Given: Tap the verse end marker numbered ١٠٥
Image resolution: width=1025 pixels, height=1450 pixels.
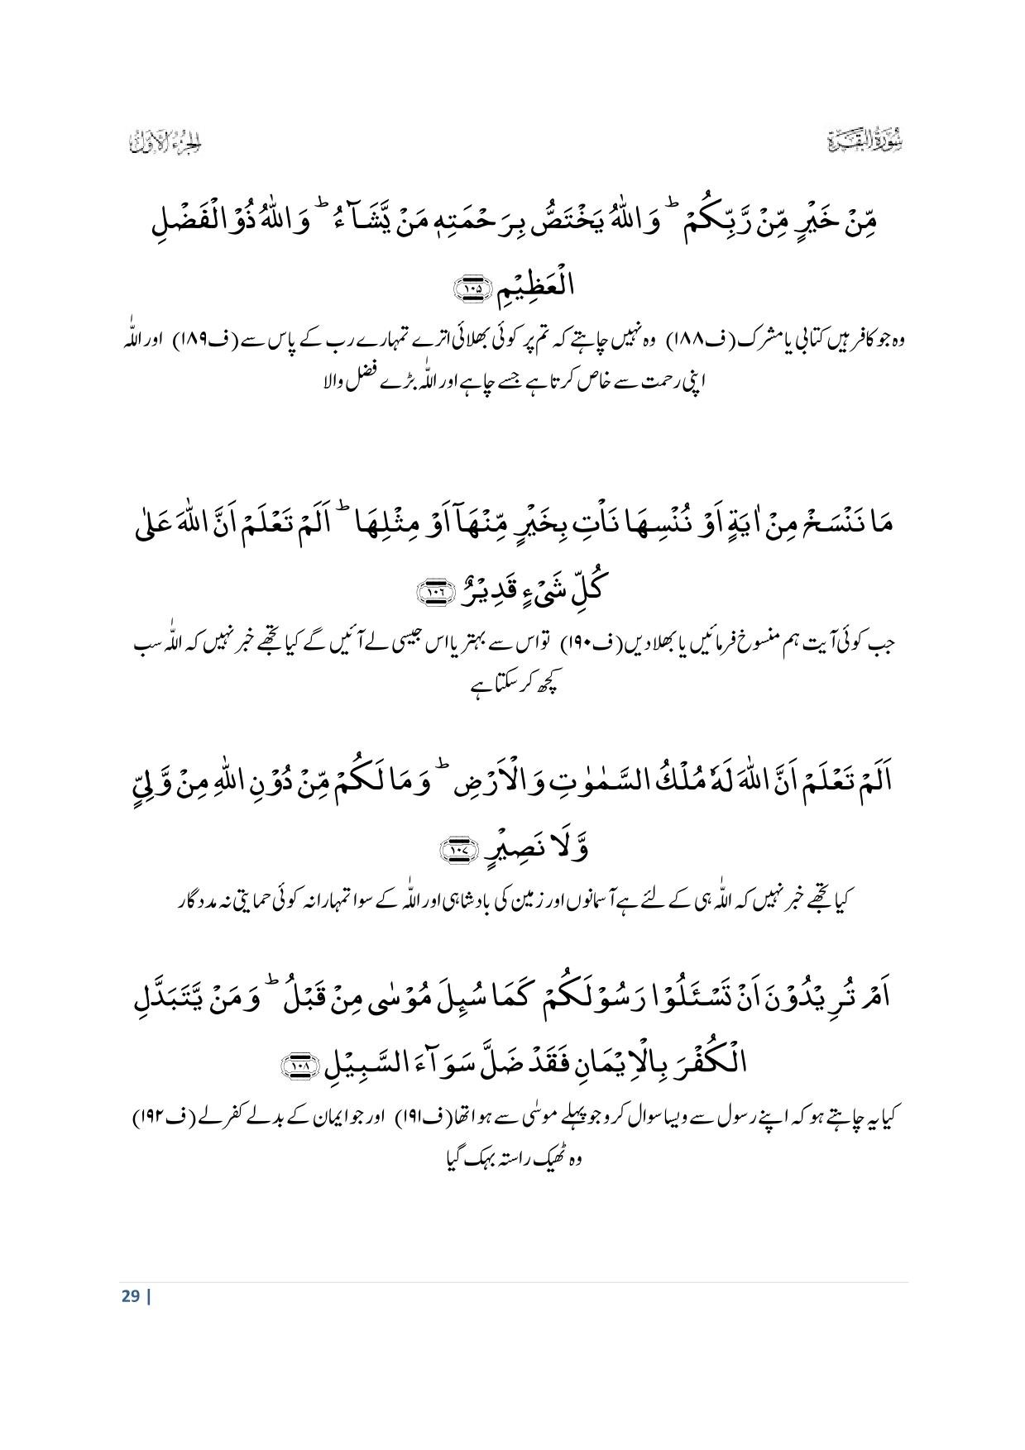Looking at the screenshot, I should (x=472, y=289).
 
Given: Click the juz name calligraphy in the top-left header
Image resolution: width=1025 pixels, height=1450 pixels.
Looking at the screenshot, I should (x=166, y=141).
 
